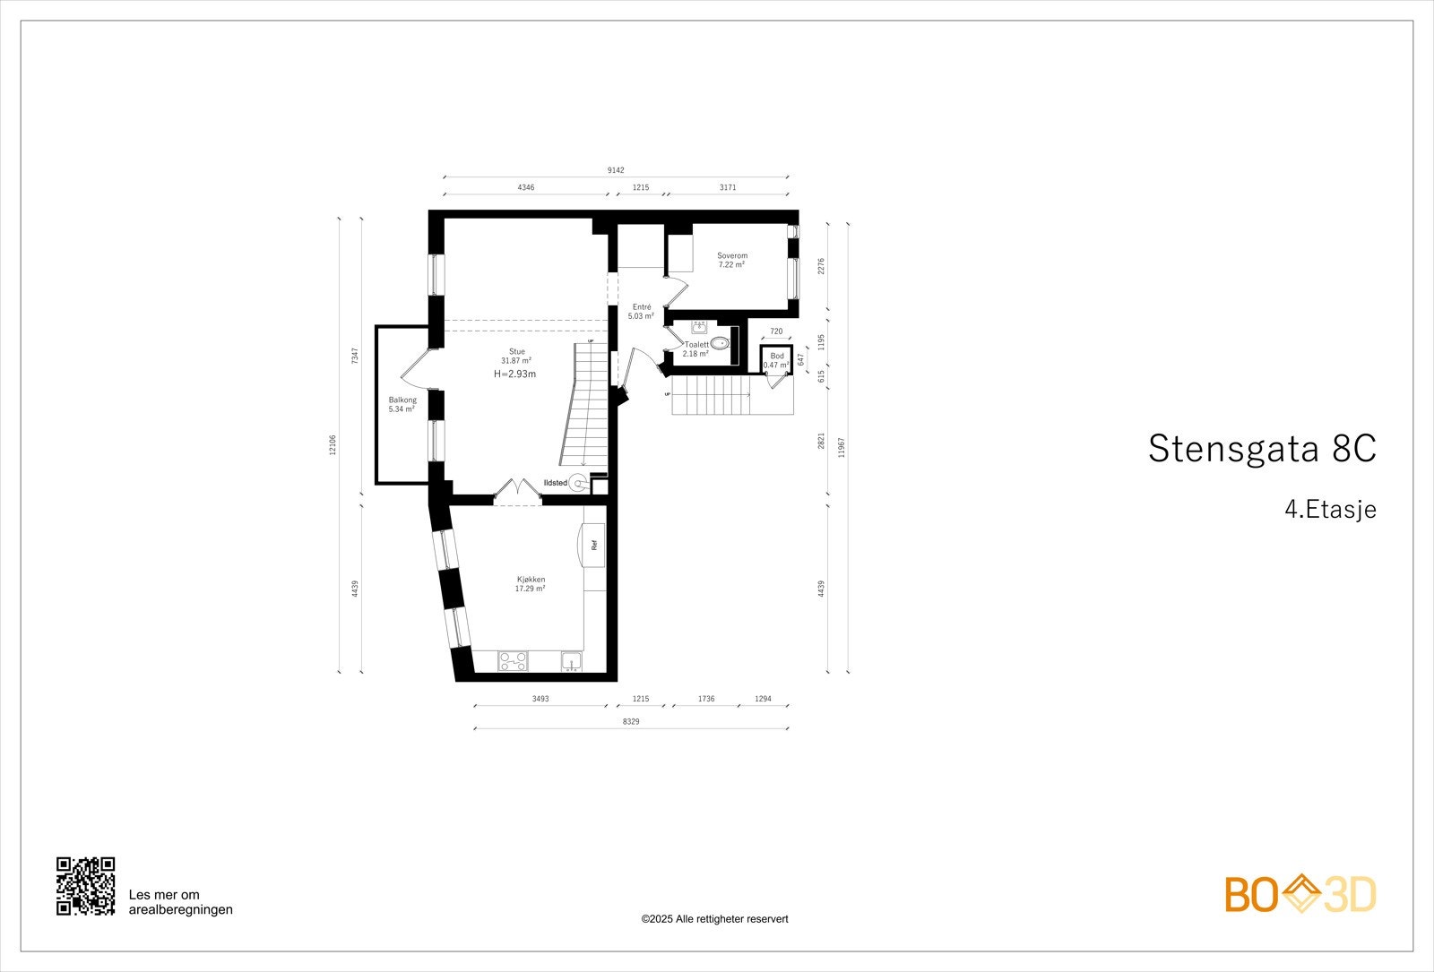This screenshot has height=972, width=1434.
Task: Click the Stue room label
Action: coord(517,351)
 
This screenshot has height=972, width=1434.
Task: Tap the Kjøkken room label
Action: coord(530,580)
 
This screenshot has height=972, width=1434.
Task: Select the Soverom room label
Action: coord(731,256)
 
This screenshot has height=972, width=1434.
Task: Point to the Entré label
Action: coord(641,307)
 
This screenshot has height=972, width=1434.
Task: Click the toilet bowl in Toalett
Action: coord(719,342)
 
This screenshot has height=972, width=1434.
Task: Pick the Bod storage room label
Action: coord(776,357)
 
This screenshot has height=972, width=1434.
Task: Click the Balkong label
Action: coord(402,400)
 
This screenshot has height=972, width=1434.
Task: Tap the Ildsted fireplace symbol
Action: coord(579,484)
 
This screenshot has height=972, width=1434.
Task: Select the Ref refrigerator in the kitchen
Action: coord(594,544)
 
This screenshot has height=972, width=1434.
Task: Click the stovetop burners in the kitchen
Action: coord(514,661)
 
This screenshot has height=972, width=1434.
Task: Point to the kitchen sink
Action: coord(572,662)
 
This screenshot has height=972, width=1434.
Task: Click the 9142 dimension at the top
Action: coord(616,170)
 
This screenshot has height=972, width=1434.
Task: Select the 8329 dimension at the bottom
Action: coord(631,721)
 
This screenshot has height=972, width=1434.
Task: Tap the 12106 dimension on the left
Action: coord(333,444)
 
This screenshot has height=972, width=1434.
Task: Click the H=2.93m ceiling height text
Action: coord(514,374)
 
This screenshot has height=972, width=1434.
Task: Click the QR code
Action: coord(86,886)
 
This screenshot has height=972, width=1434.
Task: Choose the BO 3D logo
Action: coord(1300,894)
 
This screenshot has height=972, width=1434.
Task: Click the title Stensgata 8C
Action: coord(1261,449)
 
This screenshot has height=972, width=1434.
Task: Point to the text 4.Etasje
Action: coord(1329,510)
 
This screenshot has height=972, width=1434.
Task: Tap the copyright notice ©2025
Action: coord(714,919)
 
